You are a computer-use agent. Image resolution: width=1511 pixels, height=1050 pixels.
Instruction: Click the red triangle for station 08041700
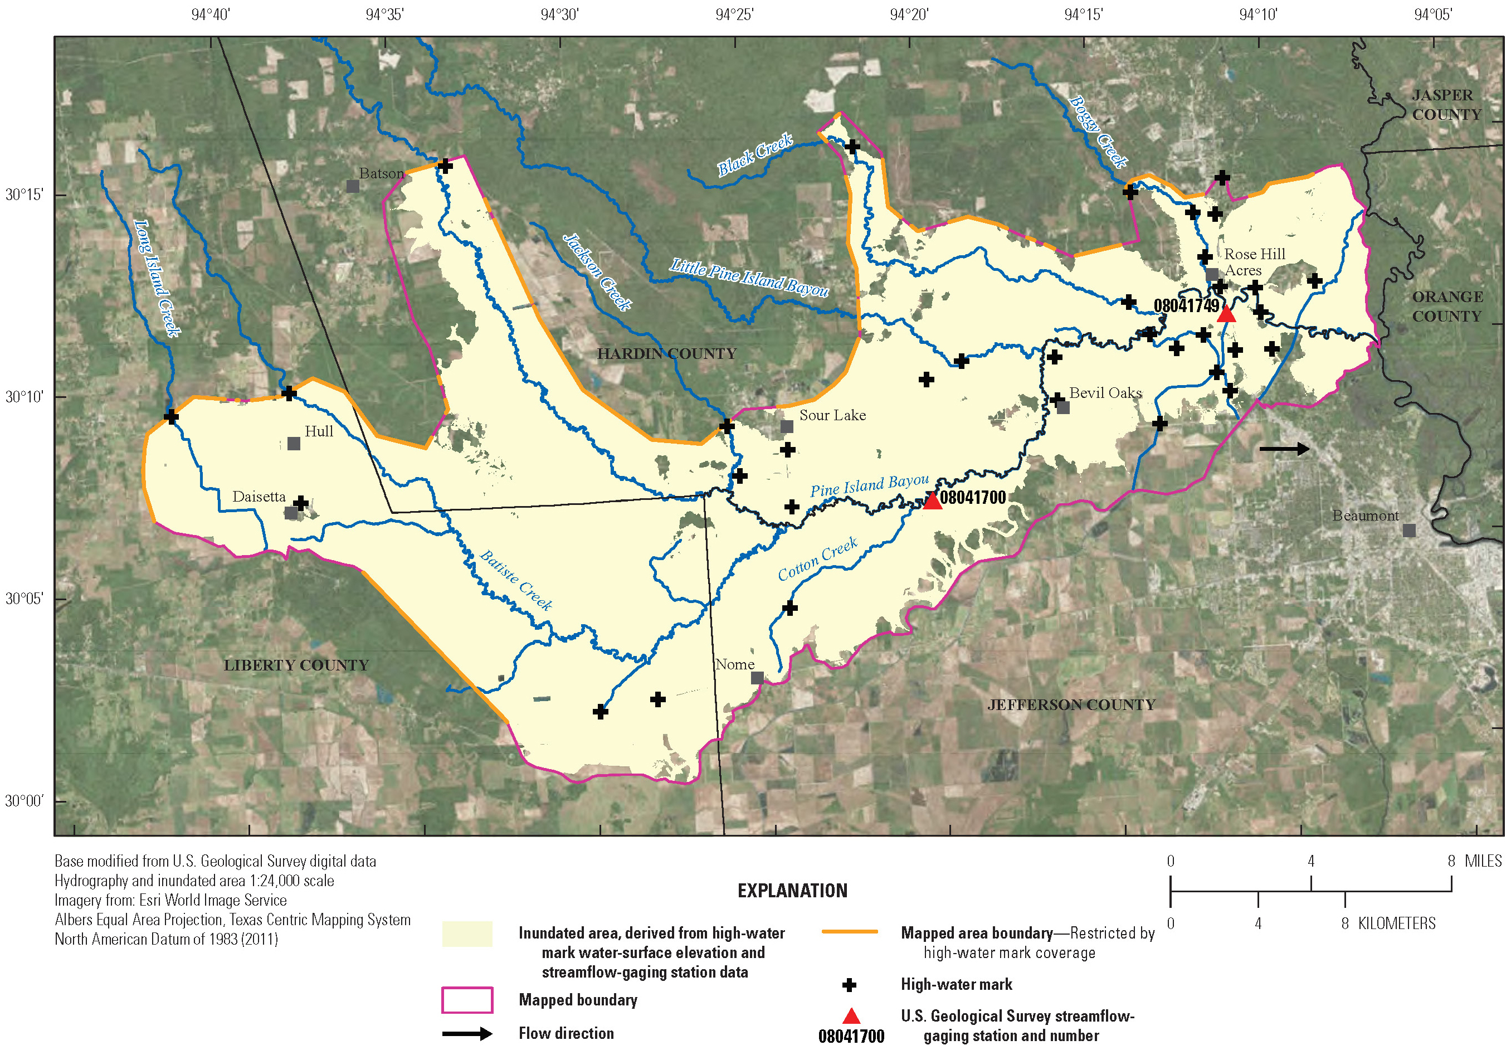point(932,502)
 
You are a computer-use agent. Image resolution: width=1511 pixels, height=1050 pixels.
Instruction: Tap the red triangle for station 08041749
point(1226,314)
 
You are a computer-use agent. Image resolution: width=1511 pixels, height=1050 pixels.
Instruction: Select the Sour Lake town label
point(832,415)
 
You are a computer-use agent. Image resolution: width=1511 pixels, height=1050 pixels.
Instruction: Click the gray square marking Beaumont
point(1408,530)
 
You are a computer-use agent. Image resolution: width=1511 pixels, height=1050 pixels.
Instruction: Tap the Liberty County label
point(296,665)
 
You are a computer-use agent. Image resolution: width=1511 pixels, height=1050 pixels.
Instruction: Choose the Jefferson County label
point(1070,705)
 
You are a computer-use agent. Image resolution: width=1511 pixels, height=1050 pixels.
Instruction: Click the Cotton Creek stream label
point(817,559)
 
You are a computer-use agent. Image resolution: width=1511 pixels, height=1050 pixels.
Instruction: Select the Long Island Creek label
point(157,278)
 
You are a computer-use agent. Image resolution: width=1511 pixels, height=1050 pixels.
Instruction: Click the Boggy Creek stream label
point(1098,132)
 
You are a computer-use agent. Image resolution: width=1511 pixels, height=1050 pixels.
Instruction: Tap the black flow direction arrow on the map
point(1284,449)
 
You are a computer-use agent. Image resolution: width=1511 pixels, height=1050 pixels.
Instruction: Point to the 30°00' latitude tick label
point(25,801)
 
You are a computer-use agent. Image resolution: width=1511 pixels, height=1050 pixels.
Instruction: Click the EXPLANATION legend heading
point(792,891)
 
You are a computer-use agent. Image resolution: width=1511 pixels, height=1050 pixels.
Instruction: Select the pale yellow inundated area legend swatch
point(467,934)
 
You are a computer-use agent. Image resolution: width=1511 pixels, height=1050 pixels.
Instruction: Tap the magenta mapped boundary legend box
point(467,1000)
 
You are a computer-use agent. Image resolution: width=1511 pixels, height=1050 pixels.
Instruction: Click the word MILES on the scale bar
point(1483,861)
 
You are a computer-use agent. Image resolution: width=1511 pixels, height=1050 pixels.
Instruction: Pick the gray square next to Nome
point(757,678)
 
